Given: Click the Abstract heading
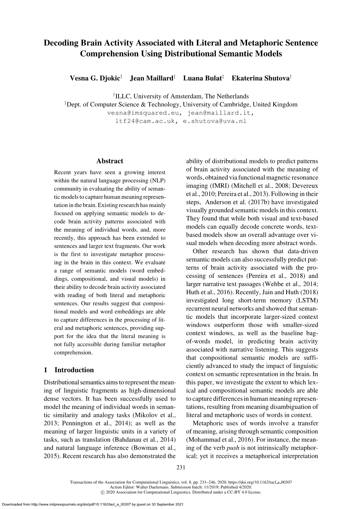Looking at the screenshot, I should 109,161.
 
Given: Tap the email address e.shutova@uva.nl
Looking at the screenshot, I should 214,121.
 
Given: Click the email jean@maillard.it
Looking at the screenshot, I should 221,113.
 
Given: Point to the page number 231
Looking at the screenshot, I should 180,468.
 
